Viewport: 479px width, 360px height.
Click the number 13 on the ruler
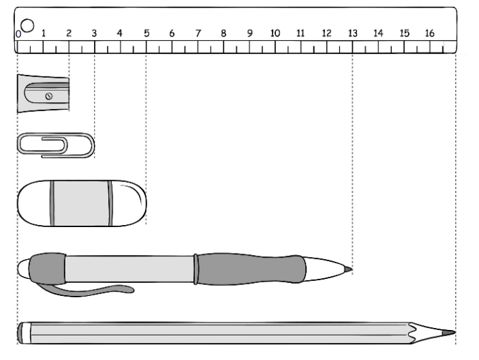pyautogui.click(x=352, y=33)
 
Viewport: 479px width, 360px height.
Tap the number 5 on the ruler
pyautogui.click(x=146, y=33)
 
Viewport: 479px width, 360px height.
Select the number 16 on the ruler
pyautogui.click(x=429, y=33)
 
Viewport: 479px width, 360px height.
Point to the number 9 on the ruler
pyautogui.click(x=249, y=33)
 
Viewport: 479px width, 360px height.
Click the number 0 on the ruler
pyautogui.click(x=18, y=33)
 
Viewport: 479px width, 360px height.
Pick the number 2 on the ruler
pyautogui.click(x=68, y=33)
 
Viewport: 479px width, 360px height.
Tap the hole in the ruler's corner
pyautogui.click(x=27, y=25)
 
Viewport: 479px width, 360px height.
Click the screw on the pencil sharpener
pyautogui.click(x=48, y=96)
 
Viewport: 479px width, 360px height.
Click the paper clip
pyautogui.click(x=55, y=145)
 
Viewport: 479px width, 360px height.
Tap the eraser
pyautogui.click(x=80, y=203)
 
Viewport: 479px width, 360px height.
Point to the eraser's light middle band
pyautogui.click(x=80, y=203)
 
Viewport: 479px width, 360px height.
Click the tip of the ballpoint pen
pyautogui.click(x=349, y=270)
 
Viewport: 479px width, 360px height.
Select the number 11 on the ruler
pyautogui.click(x=300, y=33)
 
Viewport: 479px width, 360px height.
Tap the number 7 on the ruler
pyautogui.click(x=198, y=33)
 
